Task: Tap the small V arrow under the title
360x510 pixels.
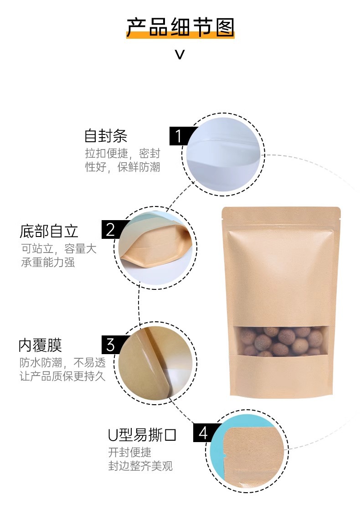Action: (180, 54)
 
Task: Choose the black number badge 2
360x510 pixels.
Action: (111, 229)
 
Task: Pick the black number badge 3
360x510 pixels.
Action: (111, 345)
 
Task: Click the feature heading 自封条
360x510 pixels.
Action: (106, 136)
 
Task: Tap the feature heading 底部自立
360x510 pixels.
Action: (49, 231)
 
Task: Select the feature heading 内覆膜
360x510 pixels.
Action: (40, 345)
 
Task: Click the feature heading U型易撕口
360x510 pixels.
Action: (142, 435)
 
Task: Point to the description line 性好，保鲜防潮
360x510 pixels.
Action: (123, 167)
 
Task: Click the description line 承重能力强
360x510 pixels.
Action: (48, 262)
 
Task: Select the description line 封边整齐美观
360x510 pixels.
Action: (140, 466)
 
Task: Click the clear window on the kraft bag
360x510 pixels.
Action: (280, 340)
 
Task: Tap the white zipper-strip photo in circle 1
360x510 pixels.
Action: (223, 155)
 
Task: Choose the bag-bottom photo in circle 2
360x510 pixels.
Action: (155, 247)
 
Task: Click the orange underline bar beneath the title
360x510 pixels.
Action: (180, 35)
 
